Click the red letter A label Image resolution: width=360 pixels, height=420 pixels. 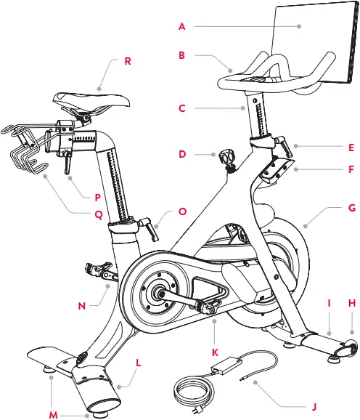click(x=182, y=26)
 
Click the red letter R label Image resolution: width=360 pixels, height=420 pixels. click(x=128, y=61)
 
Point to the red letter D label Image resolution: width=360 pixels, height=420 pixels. click(x=182, y=154)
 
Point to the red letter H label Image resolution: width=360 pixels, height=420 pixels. click(x=351, y=302)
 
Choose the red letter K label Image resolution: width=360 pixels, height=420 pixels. click(x=215, y=352)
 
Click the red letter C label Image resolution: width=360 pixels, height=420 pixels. click(x=182, y=108)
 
